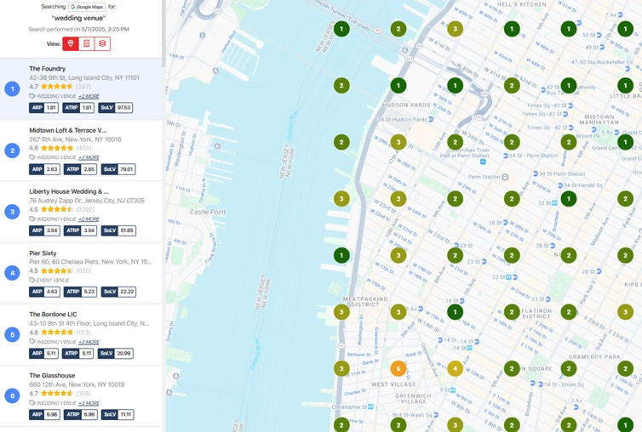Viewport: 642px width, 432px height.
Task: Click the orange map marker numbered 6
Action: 398,368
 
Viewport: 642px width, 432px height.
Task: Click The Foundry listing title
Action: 47,68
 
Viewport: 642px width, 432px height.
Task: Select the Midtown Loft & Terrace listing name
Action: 67,130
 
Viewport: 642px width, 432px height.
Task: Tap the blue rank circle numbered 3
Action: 12,212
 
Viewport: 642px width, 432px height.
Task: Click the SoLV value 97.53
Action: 123,108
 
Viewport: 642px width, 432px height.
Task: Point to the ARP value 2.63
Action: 52,169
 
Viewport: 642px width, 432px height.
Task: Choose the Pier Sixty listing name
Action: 46,253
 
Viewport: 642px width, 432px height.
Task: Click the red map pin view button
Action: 71,43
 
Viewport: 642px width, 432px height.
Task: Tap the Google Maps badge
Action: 86,7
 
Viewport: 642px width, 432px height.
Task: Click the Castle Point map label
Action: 208,211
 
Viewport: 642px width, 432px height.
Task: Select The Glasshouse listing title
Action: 52,375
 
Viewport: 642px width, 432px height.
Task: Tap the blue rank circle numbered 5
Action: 12,334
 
